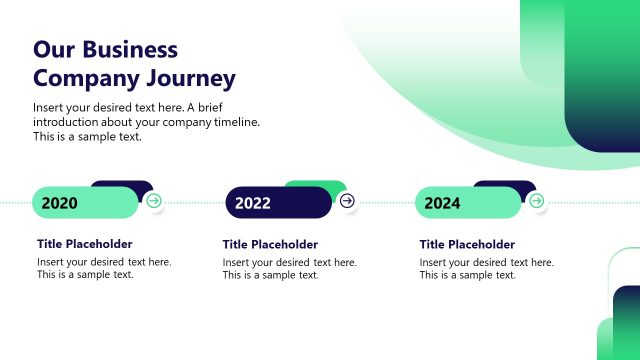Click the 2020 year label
click(x=60, y=203)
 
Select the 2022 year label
click(x=253, y=203)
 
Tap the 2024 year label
click(x=442, y=203)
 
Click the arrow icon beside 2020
click(x=153, y=201)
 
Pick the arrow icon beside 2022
click(x=347, y=201)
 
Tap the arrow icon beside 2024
click(x=536, y=201)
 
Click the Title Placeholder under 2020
click(x=85, y=244)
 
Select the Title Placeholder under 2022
click(x=270, y=244)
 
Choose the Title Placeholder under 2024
click(x=467, y=244)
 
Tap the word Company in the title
click(x=84, y=78)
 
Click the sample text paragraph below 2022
click(x=289, y=268)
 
